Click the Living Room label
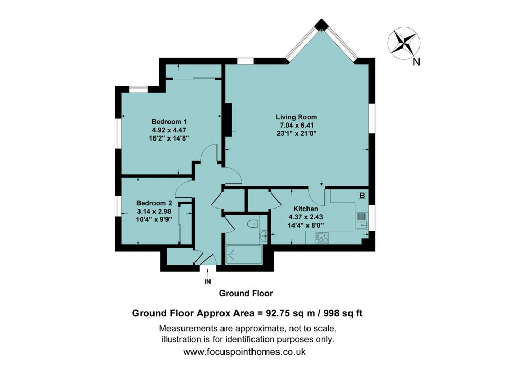[296, 117]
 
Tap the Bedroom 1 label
[169, 122]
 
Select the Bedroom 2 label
[154, 203]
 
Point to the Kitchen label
[305, 209]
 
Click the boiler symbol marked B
[362, 196]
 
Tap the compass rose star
[403, 43]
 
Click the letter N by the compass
[416, 62]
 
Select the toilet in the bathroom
[253, 224]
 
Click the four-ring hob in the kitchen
[322, 238]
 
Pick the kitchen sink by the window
[362, 220]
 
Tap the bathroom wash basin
[263, 236]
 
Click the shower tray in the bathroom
[244, 255]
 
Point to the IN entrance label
[207, 282]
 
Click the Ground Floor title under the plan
[246, 294]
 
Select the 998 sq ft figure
[343, 313]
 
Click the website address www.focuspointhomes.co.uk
[245, 352]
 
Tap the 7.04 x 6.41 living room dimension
[296, 126]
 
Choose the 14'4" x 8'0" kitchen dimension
[306, 225]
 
